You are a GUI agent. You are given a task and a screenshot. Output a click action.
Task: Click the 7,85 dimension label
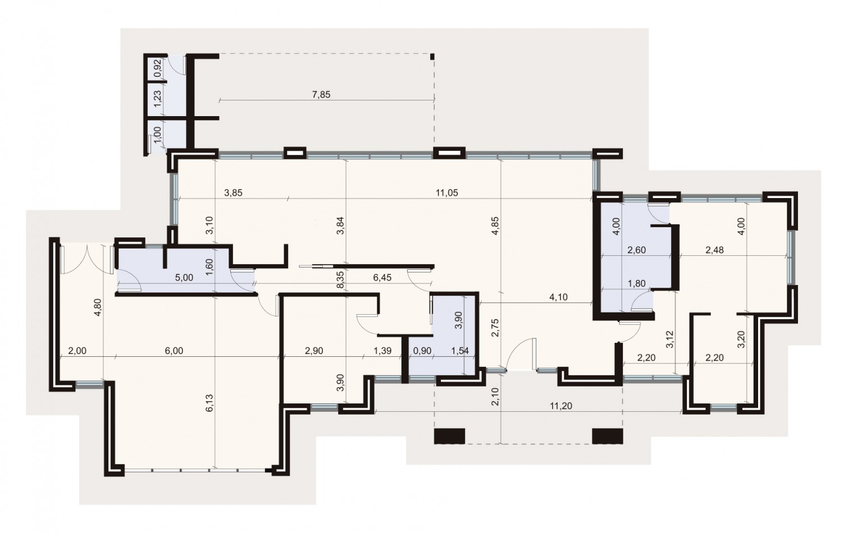(321, 94)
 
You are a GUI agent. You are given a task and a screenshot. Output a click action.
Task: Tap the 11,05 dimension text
(447, 193)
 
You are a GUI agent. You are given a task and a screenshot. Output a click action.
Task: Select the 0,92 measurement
(158, 68)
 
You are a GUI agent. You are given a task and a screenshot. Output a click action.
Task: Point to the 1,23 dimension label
(158, 99)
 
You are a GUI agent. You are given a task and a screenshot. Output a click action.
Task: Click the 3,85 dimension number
(233, 193)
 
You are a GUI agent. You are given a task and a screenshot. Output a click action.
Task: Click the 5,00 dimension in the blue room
(184, 277)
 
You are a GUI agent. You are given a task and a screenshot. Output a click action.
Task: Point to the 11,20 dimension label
(562, 406)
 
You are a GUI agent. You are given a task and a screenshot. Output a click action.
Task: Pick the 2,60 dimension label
(636, 250)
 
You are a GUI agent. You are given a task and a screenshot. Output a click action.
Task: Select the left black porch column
(450, 435)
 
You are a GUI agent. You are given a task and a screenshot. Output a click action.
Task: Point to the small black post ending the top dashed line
(432, 56)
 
